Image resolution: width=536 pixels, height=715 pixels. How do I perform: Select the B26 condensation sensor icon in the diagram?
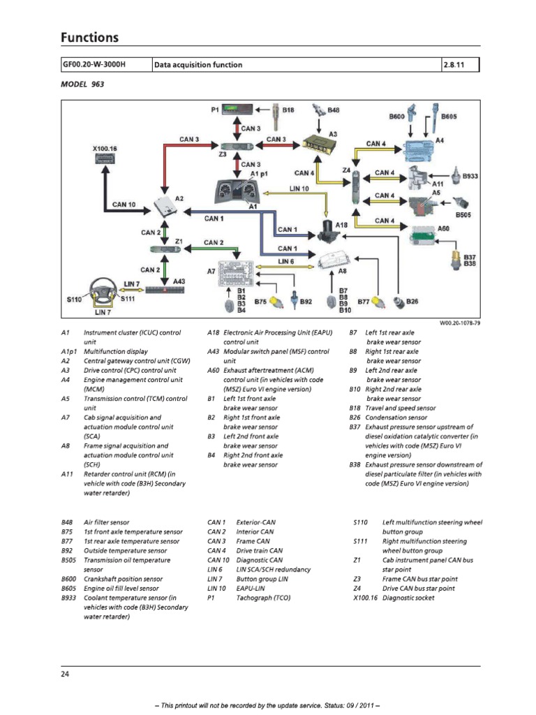[x=399, y=302]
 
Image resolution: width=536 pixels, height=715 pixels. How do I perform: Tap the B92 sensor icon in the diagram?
[x=295, y=301]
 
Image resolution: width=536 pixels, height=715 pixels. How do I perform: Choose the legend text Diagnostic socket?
[x=414, y=598]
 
